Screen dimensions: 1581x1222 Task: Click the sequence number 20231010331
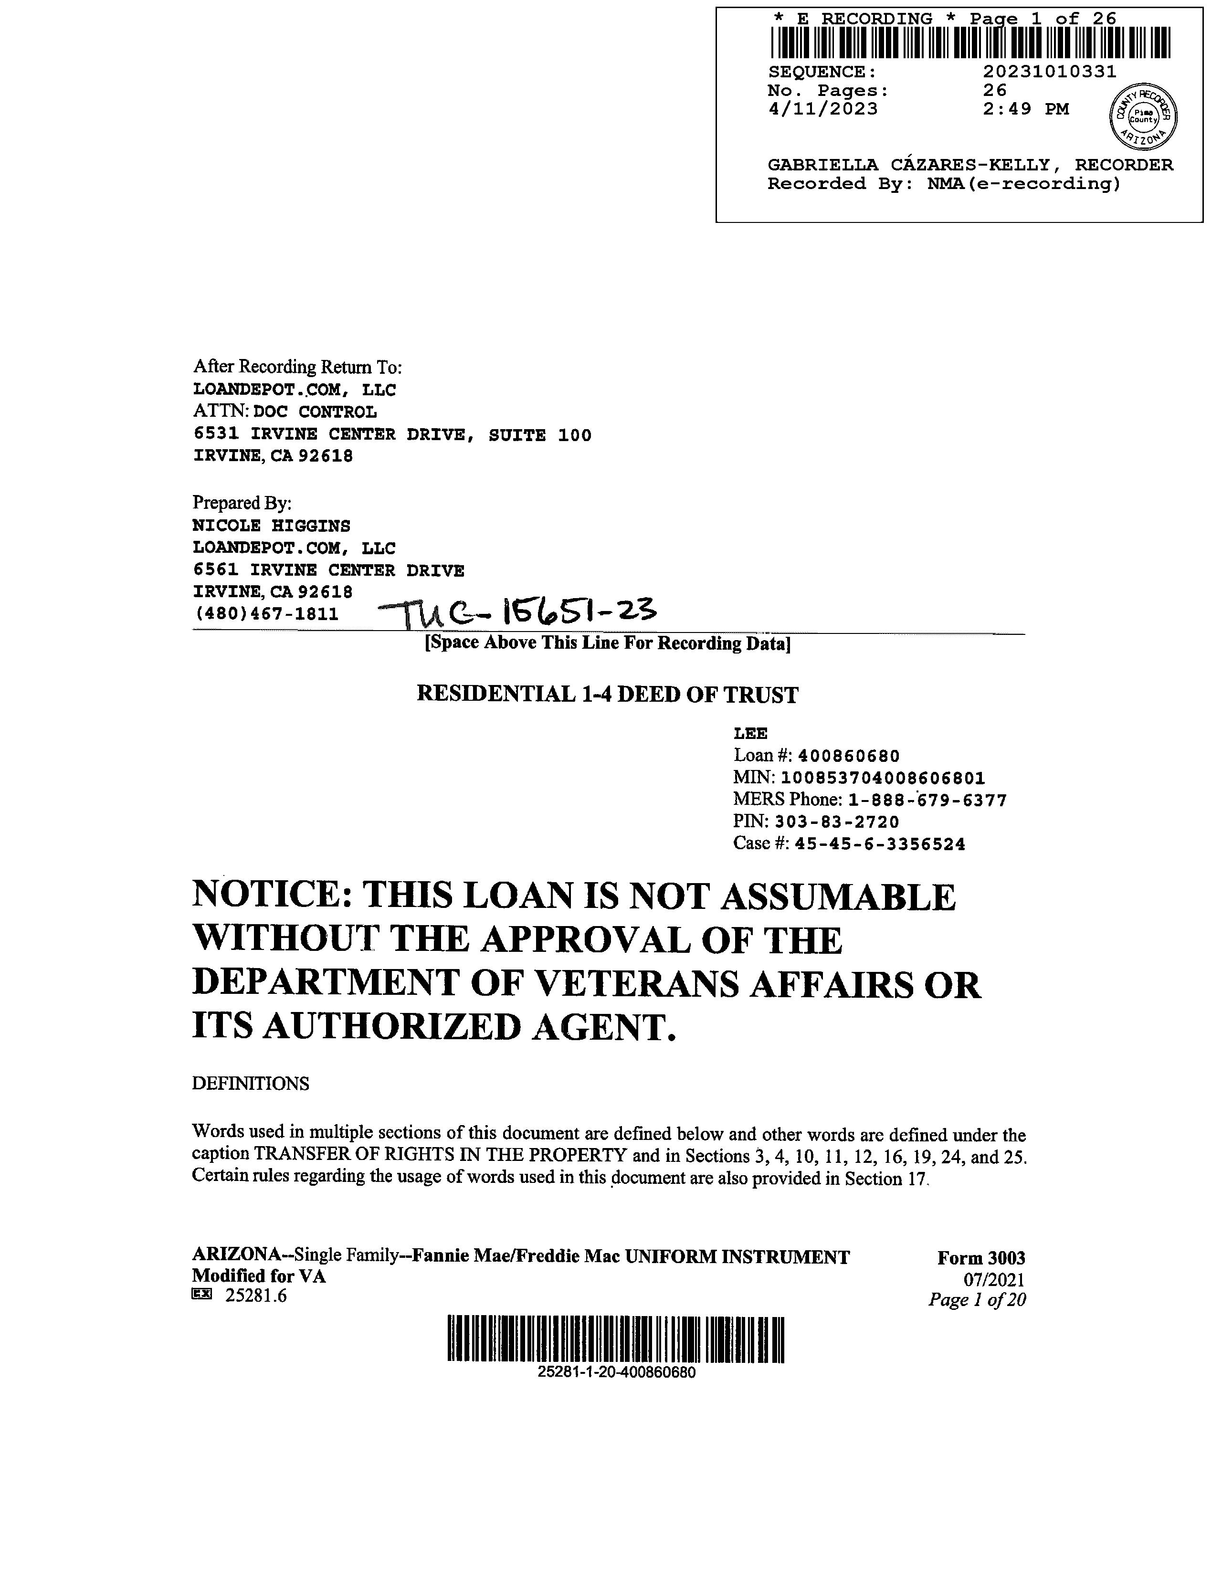coord(1049,72)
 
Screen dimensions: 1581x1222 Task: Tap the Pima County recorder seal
coord(1143,116)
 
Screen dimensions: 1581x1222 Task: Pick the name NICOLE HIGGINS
coord(272,526)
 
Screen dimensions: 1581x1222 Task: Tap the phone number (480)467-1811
coord(266,614)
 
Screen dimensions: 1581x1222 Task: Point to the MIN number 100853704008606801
coord(883,778)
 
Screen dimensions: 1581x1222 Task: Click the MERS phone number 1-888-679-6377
coord(927,800)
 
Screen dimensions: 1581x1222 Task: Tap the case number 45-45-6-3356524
coord(880,844)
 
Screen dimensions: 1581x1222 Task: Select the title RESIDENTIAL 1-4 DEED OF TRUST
coord(607,695)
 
